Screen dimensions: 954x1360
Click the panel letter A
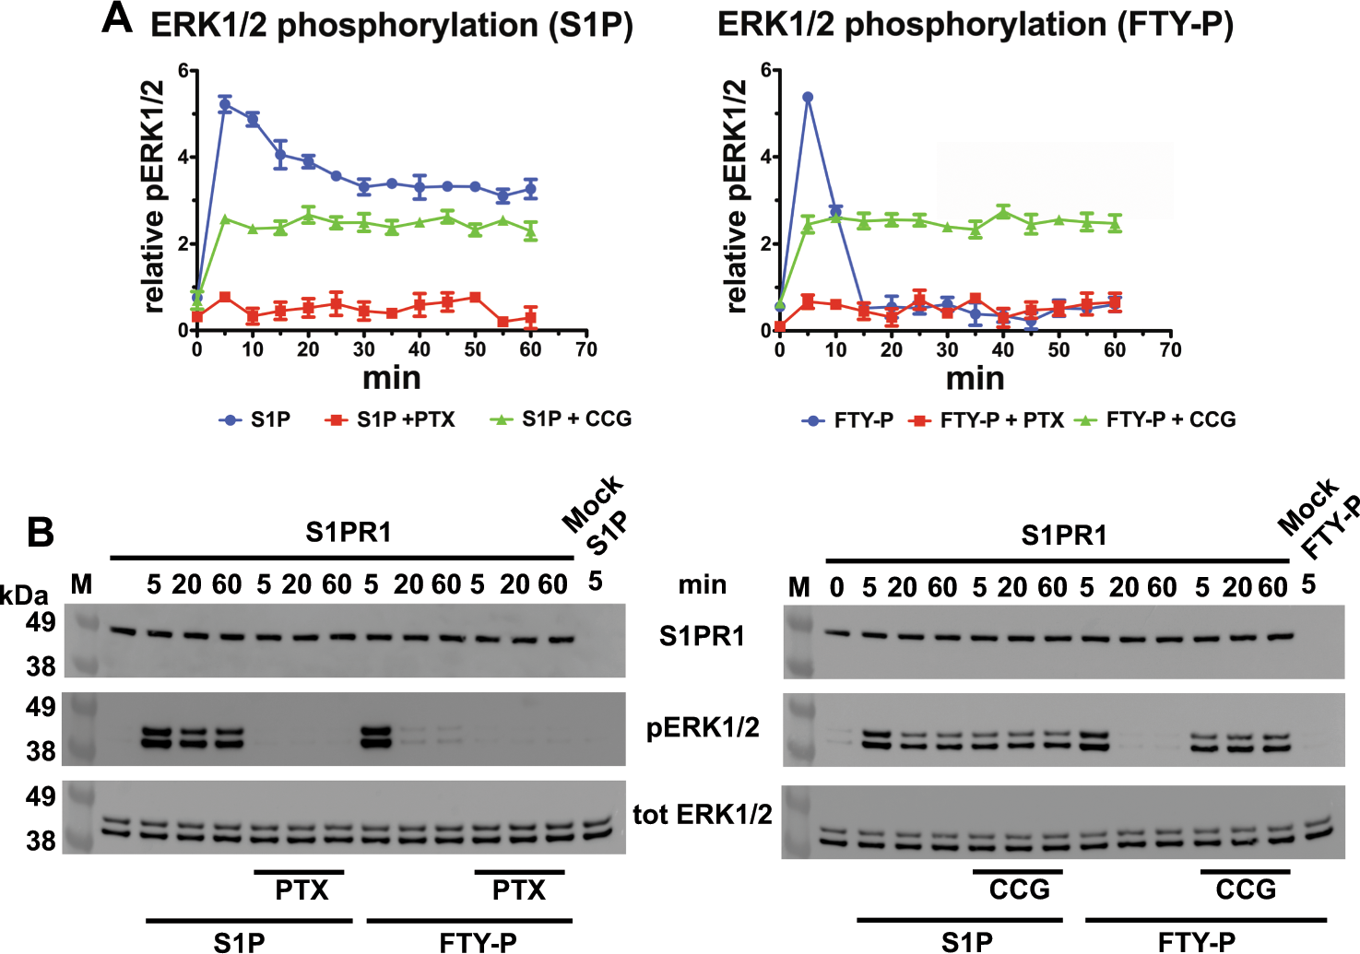(x=118, y=18)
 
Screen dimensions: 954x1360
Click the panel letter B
(x=41, y=533)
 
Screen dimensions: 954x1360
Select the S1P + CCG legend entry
(x=575, y=419)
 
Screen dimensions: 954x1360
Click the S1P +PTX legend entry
(x=405, y=420)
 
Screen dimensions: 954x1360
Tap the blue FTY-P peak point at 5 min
(x=808, y=97)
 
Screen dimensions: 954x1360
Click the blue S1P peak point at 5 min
(x=225, y=104)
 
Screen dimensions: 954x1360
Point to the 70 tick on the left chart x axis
(x=586, y=350)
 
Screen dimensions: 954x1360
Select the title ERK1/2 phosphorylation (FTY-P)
(x=975, y=25)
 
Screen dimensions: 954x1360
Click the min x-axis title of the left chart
(x=391, y=378)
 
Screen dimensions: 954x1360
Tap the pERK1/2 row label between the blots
(x=703, y=728)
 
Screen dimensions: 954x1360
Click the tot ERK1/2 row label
(x=703, y=815)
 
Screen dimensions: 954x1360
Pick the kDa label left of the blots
(x=24, y=595)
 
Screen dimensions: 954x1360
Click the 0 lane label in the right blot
(x=836, y=587)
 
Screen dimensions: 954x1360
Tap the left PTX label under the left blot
(x=302, y=890)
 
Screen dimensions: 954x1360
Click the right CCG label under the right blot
(x=1246, y=890)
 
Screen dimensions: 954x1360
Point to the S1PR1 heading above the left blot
(x=349, y=533)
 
